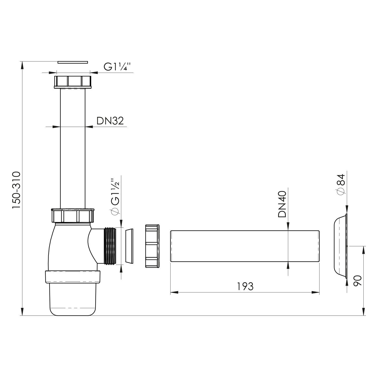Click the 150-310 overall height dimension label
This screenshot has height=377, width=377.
coord(16,190)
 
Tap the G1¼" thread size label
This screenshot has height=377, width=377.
coord(118,67)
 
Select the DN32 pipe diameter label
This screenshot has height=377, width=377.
coord(110,121)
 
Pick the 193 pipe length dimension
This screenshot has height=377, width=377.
coord(245,286)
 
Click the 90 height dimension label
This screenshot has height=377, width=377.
coord(357,280)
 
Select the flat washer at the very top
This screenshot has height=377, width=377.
coord(73,62)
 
